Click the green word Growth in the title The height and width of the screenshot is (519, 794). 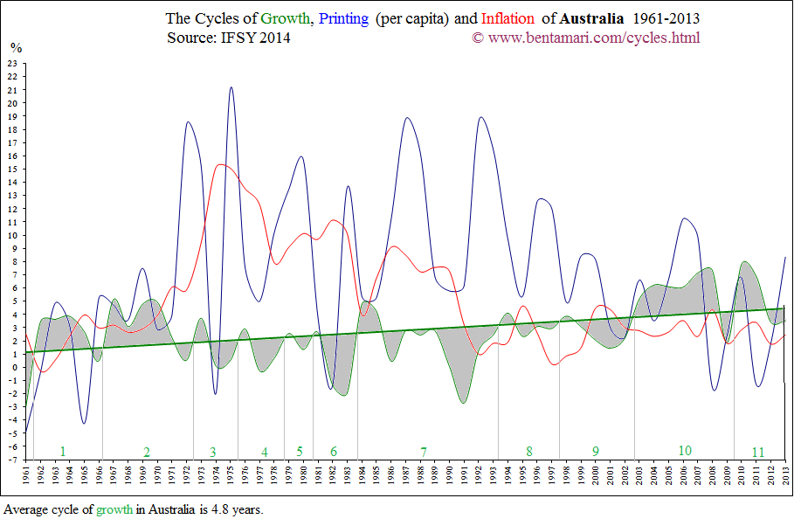287,18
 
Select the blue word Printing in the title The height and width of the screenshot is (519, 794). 345,18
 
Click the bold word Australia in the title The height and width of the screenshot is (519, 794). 592,18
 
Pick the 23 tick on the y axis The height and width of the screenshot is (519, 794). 11,63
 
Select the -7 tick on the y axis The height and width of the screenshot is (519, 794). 11,460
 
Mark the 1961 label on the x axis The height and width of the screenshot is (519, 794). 27,474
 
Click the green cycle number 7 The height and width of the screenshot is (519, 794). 424,452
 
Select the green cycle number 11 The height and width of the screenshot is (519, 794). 758,452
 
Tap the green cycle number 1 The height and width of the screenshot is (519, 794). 63,451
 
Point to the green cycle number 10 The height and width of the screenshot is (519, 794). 685,450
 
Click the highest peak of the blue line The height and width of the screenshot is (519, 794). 231,87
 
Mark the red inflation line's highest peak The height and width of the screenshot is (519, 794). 220,164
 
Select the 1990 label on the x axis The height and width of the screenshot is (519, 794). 450,474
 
